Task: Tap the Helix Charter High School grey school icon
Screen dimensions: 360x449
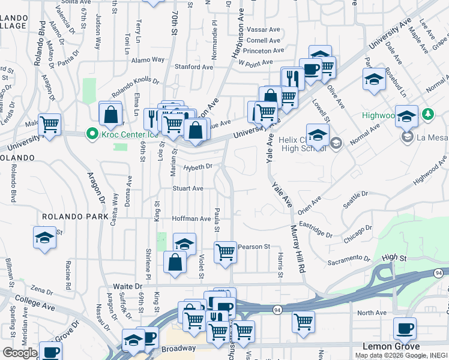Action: [x=336, y=142]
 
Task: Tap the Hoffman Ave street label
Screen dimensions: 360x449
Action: [x=191, y=219]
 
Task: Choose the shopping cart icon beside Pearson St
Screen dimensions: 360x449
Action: [x=225, y=252]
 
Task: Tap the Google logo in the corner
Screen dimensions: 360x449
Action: [x=19, y=353]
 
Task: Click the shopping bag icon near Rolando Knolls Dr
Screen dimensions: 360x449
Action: [x=110, y=113]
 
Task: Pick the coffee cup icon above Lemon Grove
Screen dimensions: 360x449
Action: [x=405, y=329]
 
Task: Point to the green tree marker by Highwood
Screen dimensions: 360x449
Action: [x=427, y=114]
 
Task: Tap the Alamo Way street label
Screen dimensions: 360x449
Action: [x=149, y=59]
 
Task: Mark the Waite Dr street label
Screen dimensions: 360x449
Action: [x=128, y=287]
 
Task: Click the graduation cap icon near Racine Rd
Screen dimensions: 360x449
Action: [x=44, y=238]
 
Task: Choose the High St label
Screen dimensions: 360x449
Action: [x=394, y=257]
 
